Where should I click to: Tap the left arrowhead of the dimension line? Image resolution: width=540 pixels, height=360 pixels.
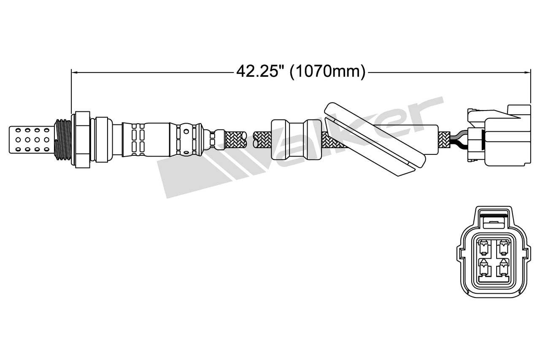[74, 72]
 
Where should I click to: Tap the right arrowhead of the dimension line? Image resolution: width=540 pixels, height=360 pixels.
[527, 72]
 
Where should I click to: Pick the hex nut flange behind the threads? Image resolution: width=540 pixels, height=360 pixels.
[82, 139]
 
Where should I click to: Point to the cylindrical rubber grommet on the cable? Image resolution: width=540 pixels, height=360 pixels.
[295, 139]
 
